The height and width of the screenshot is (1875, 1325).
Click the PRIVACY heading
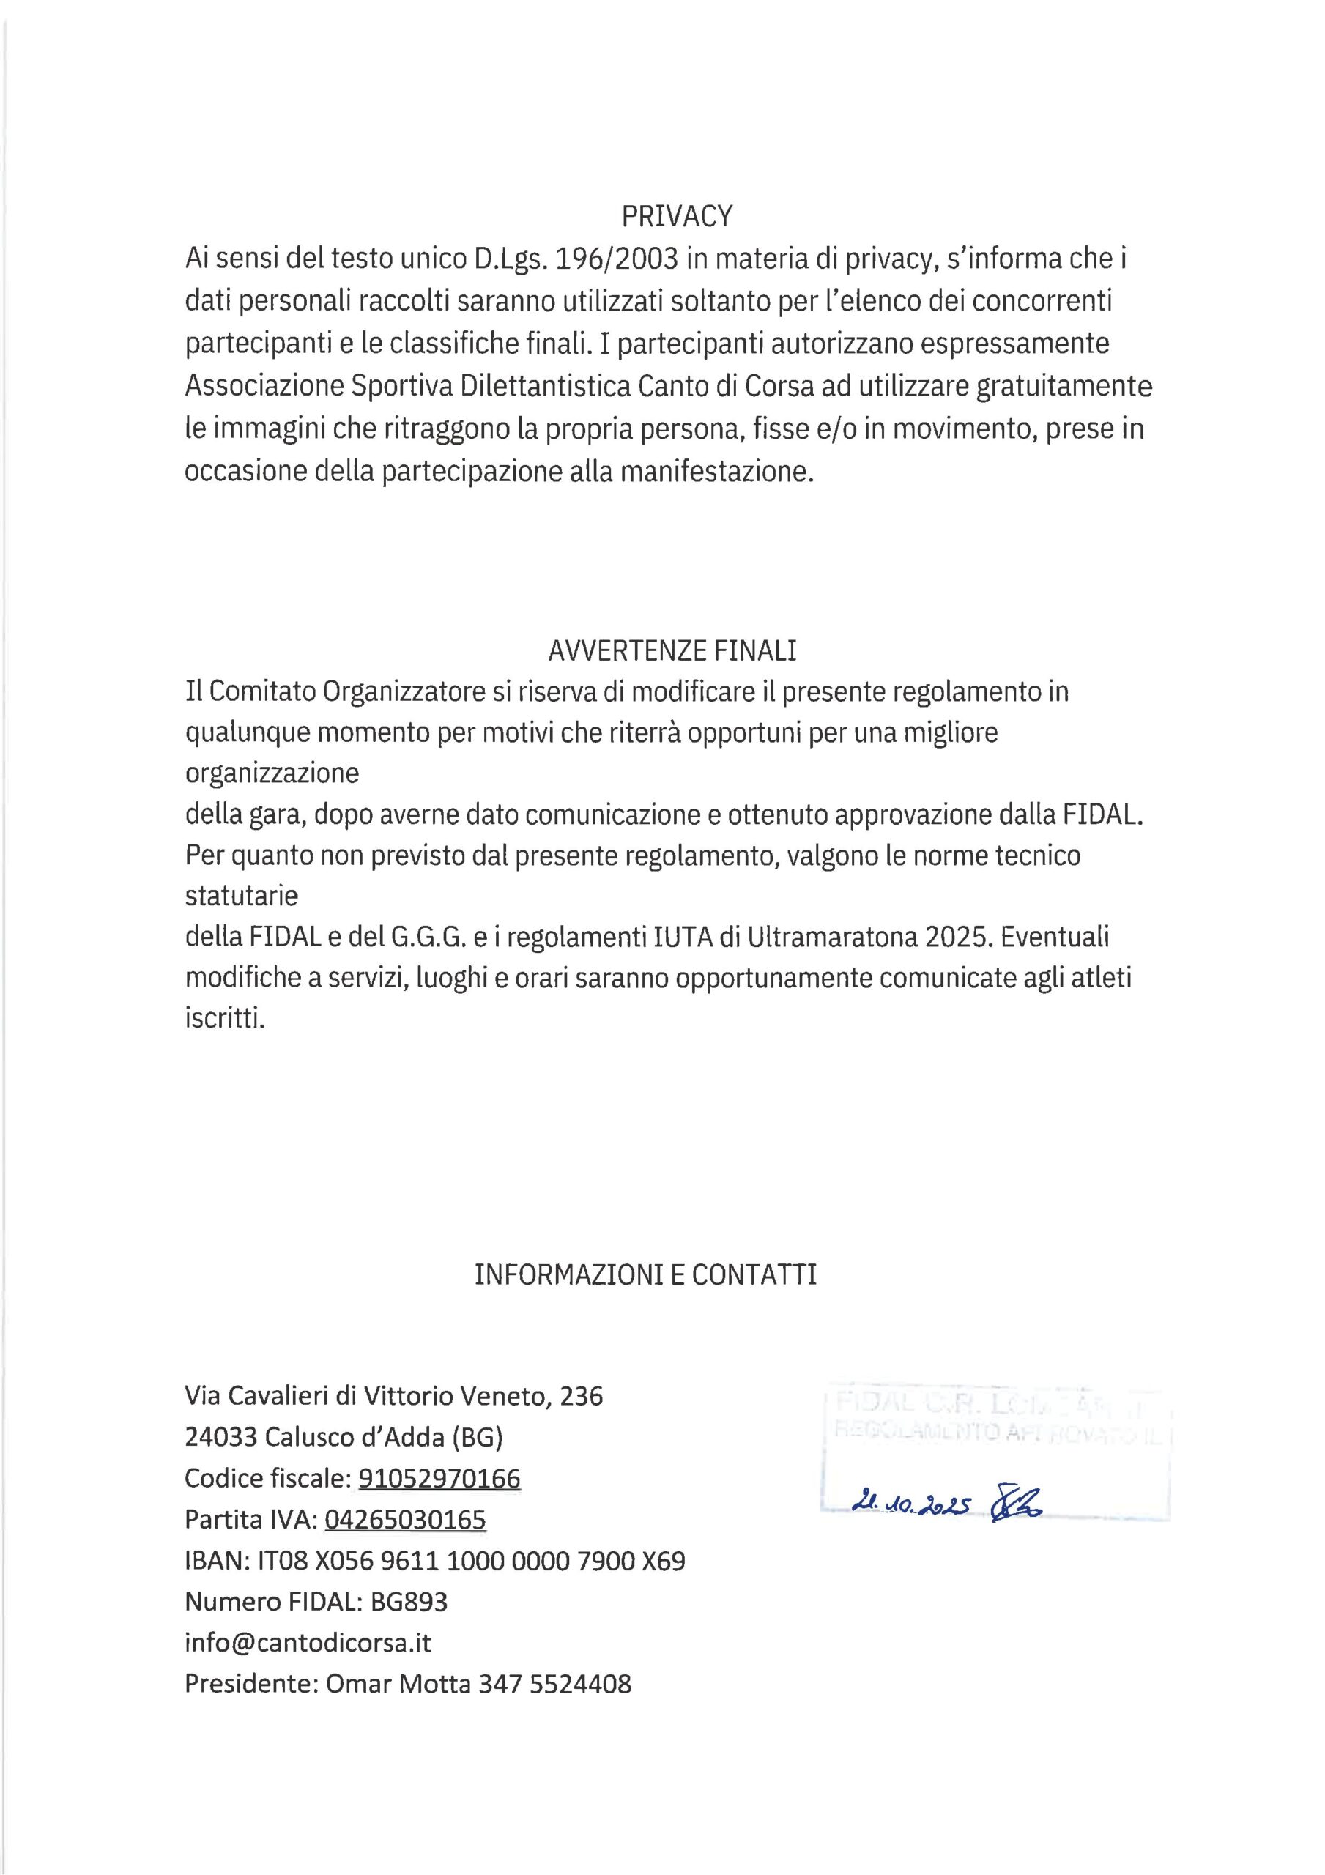pos(678,216)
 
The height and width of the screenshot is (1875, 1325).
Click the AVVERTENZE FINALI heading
pos(672,650)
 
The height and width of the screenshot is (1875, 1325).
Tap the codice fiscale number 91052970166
pos(439,1479)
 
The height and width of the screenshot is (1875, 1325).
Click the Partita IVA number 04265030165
pos(405,1520)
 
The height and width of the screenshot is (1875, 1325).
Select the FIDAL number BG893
pos(409,1603)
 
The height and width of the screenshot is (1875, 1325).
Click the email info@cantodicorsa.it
pos(308,1643)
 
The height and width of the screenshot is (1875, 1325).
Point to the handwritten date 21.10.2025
pos(909,1504)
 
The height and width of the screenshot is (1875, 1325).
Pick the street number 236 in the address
pos(582,1397)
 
